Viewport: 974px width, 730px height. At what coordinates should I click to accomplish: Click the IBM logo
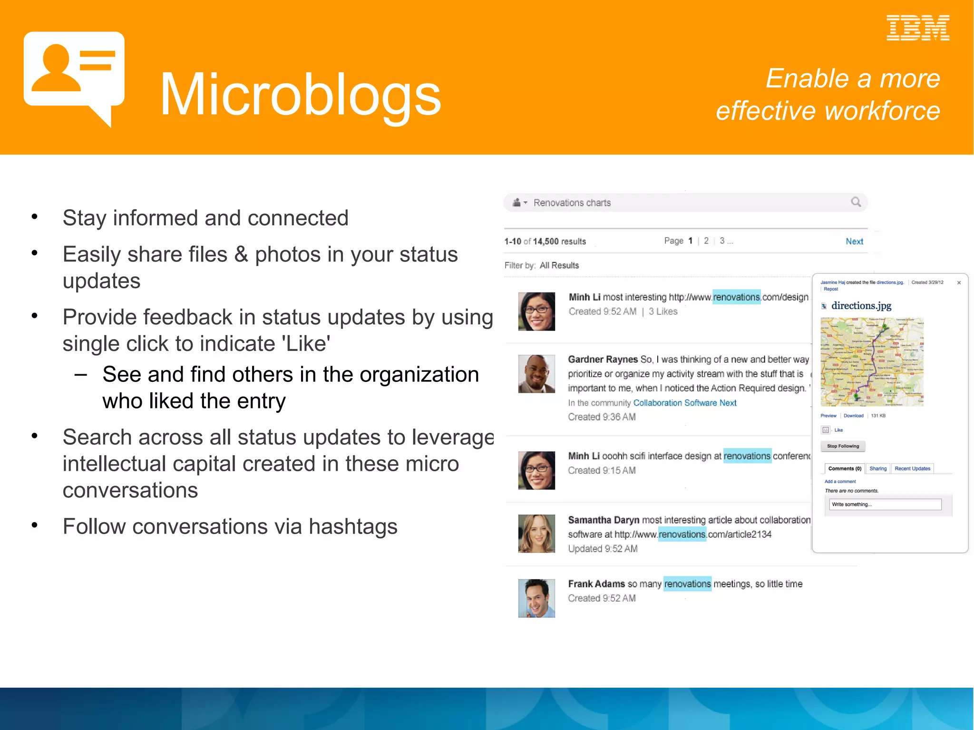pyautogui.click(x=917, y=28)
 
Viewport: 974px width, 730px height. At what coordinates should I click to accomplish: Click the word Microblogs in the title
pyautogui.click(x=301, y=94)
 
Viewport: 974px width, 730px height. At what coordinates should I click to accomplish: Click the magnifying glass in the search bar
pyautogui.click(x=856, y=202)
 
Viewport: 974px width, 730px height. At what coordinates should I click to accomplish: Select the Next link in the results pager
pyautogui.click(x=854, y=242)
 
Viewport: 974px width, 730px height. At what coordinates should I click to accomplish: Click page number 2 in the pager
pyautogui.click(x=706, y=241)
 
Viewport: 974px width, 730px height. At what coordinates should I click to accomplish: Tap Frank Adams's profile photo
pyautogui.click(x=536, y=598)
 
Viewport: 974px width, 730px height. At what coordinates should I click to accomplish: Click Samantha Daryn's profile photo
pyautogui.click(x=536, y=533)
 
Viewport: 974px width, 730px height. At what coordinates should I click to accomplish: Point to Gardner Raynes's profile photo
pyautogui.click(x=536, y=374)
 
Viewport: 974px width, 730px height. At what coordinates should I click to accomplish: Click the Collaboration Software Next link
pyautogui.click(x=685, y=403)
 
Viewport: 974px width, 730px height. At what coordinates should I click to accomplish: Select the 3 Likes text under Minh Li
pyautogui.click(x=663, y=311)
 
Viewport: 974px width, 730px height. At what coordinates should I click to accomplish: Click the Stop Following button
pyautogui.click(x=843, y=446)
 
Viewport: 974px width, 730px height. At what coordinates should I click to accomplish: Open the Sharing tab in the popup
pyautogui.click(x=878, y=468)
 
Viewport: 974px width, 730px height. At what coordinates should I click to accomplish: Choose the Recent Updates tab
pyautogui.click(x=912, y=468)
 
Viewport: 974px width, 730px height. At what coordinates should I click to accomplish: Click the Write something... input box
pyautogui.click(x=885, y=505)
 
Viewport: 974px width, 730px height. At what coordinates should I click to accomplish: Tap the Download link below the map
pyautogui.click(x=853, y=416)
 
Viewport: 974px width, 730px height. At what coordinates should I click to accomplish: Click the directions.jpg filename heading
pyautogui.click(x=861, y=306)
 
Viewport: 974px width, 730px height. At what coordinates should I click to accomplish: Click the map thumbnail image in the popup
pyautogui.click(x=872, y=362)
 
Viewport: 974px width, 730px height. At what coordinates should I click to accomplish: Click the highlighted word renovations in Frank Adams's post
pyautogui.click(x=687, y=584)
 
